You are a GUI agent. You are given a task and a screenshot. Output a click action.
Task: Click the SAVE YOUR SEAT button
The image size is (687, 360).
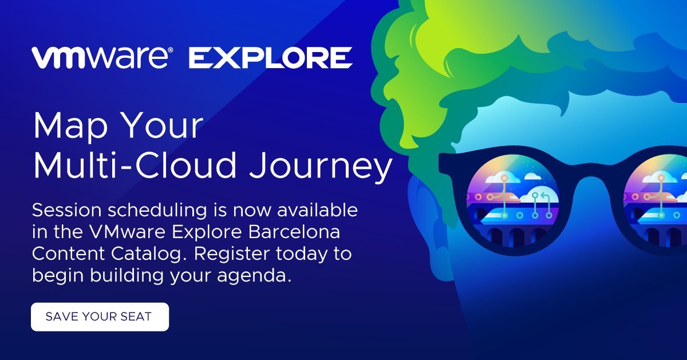coord(100,317)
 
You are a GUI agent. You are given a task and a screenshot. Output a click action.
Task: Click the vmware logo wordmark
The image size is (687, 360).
coord(100,58)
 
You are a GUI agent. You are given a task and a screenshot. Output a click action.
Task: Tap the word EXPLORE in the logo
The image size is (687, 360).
coord(270,58)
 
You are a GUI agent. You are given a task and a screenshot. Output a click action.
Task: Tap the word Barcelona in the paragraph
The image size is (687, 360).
coord(294,232)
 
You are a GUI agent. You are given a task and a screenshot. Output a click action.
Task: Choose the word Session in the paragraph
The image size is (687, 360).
coord(66,211)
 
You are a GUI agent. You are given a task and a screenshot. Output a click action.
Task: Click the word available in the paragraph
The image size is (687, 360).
coord(318,210)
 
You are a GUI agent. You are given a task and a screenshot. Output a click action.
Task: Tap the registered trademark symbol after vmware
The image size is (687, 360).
coord(171,50)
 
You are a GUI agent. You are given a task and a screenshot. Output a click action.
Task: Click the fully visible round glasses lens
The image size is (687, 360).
coord(512,203)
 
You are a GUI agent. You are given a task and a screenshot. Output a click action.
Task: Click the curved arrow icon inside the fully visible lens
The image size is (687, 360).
coord(544,196)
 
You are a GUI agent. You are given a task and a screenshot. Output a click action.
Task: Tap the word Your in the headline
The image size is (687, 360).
coord(164,126)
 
